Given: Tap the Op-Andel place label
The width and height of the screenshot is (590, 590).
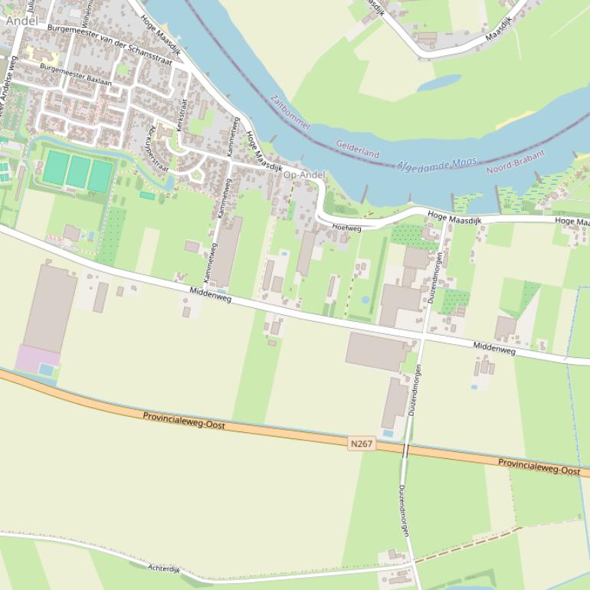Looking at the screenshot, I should pos(304,175).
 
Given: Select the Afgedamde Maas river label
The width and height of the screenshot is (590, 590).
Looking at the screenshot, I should pos(437,164).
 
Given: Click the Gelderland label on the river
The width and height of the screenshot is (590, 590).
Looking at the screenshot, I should pos(357,149).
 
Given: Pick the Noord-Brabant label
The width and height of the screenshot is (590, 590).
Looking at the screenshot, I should pos(516,161).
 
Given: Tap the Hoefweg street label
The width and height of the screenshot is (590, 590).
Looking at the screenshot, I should pos(347,228).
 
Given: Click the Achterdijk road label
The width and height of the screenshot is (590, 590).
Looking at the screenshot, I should pos(163,569).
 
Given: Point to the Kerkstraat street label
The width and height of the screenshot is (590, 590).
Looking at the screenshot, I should pos(182,116).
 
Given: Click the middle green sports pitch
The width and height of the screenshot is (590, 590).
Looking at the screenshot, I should pos(77,171).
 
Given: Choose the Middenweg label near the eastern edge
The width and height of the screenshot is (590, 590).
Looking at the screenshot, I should pos(493,348).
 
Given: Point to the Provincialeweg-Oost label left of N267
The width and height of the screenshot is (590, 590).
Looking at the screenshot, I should pos(183,420).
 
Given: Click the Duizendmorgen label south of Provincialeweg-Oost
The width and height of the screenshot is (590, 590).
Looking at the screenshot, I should pos(404,510).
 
